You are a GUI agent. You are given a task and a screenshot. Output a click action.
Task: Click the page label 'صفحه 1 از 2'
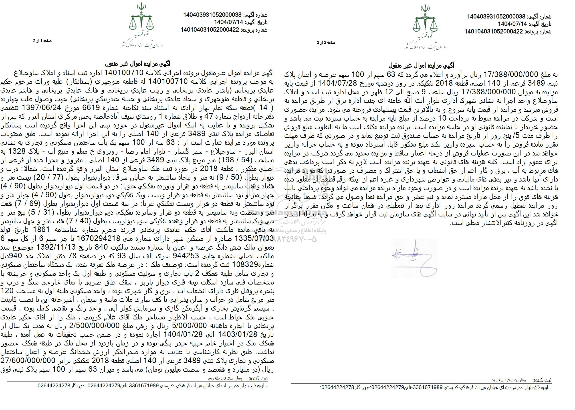point(42,41)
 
